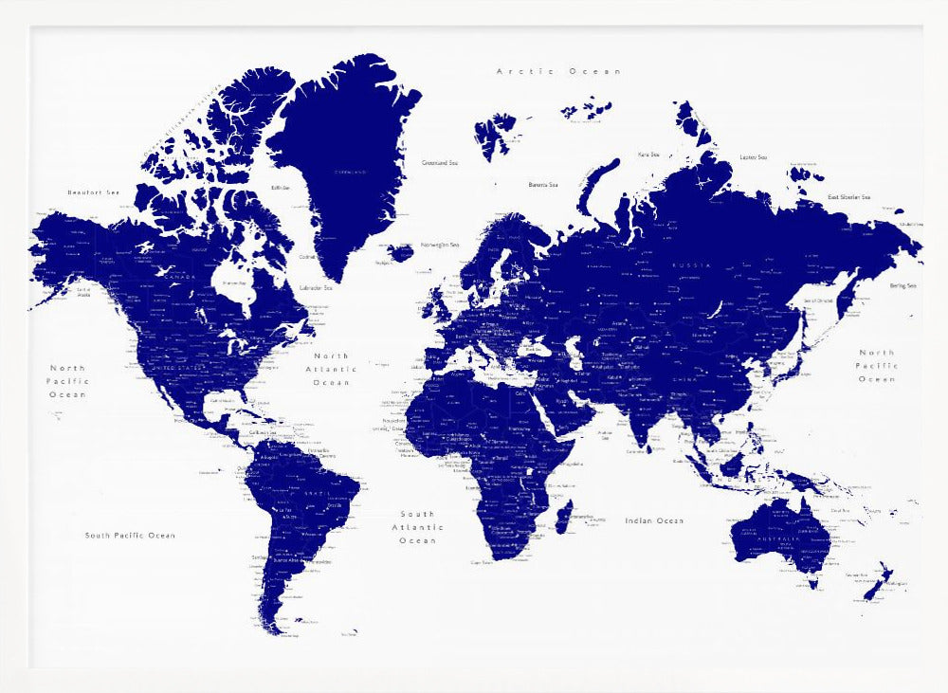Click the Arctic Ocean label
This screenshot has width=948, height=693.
(x=558, y=71)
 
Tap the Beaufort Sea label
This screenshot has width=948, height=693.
(x=94, y=192)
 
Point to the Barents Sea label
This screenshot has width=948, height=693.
(x=543, y=185)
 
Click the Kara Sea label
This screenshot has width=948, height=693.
(x=648, y=154)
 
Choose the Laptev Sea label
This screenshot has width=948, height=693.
(x=753, y=156)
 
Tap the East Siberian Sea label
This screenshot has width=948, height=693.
(x=848, y=197)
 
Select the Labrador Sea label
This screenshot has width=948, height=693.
(x=316, y=287)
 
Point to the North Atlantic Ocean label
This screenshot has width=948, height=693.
(x=331, y=369)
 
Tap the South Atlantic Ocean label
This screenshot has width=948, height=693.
(x=417, y=527)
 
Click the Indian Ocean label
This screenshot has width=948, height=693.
(x=654, y=520)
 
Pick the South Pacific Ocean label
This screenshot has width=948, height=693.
(x=130, y=536)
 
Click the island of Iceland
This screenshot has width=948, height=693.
(x=401, y=252)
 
